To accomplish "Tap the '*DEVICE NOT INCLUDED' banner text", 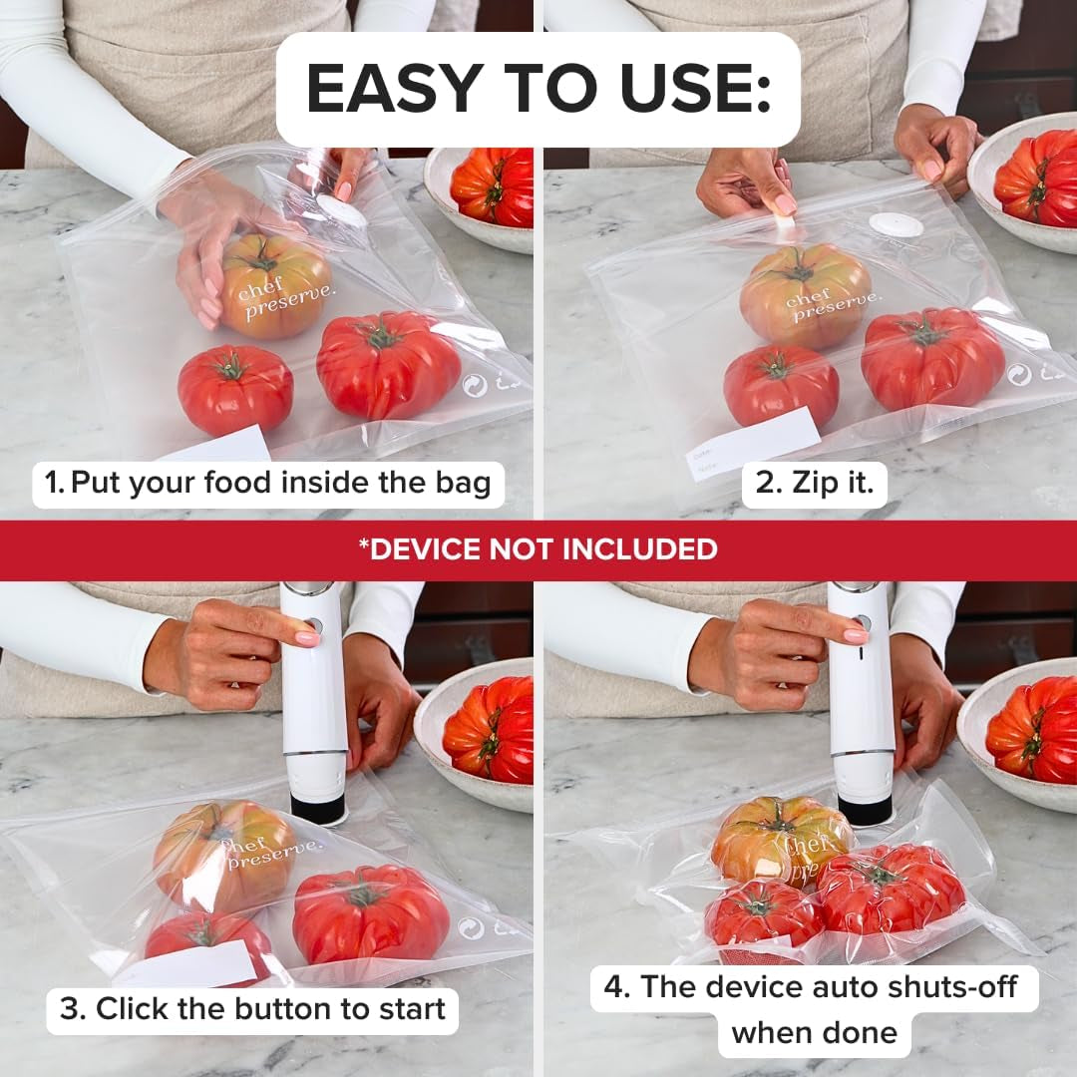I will (x=538, y=548).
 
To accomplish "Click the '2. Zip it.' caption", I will (x=814, y=484).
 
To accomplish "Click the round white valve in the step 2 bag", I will (x=895, y=224).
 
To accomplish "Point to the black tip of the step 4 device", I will (x=864, y=809).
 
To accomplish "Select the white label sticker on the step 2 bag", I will (x=755, y=443).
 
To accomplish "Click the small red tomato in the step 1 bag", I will (x=235, y=389).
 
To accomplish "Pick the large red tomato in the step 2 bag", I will (x=932, y=358).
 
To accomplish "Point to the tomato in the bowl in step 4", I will (x=1032, y=728).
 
